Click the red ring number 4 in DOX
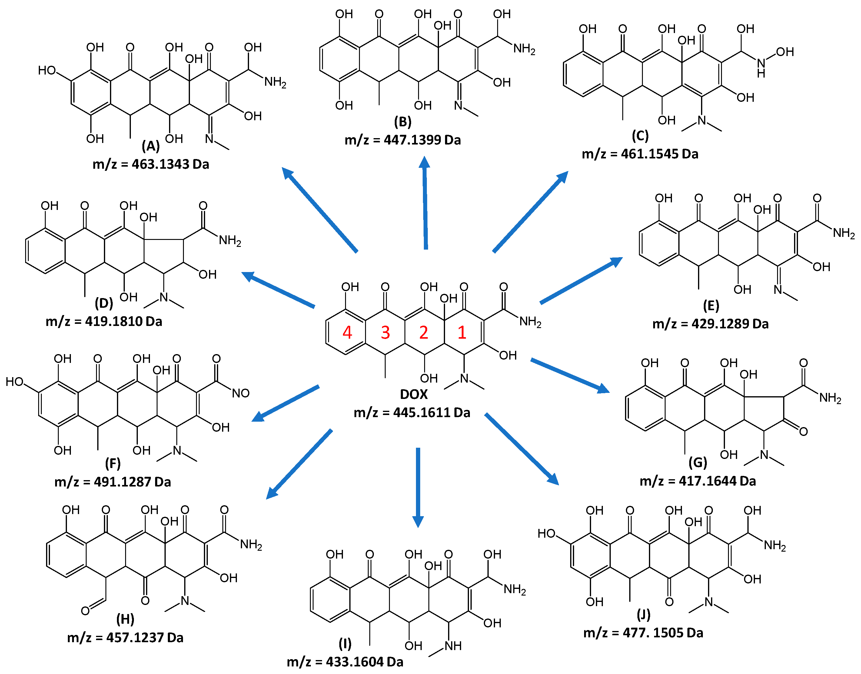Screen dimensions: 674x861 (x=347, y=332)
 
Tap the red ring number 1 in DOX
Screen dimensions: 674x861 (x=462, y=332)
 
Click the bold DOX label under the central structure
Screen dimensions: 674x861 (x=414, y=394)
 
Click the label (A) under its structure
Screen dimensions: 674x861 (x=151, y=146)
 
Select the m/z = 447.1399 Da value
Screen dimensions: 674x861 (x=403, y=140)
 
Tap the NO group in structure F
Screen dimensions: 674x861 (x=240, y=393)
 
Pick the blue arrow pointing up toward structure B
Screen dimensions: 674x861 (x=425, y=203)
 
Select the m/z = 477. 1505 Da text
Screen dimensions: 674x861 (x=643, y=632)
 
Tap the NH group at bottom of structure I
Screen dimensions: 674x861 (x=453, y=646)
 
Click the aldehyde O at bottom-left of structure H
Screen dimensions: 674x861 (x=85, y=611)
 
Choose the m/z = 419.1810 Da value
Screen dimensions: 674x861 (x=104, y=321)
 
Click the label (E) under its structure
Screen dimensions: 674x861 (x=711, y=305)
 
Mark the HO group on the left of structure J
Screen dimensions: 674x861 (x=547, y=533)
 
